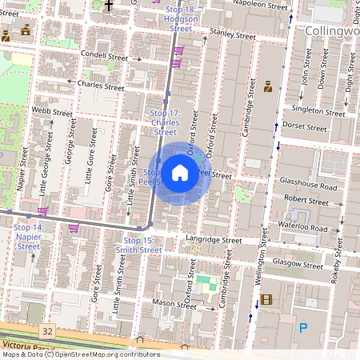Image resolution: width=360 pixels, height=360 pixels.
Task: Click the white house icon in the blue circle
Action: (180, 173)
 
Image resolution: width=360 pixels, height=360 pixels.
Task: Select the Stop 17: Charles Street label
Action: (166, 122)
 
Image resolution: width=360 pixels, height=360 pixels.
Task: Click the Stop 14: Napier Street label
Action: (28, 237)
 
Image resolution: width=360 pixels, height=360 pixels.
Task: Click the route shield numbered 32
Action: (48, 330)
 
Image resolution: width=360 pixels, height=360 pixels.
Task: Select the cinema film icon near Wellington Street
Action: (266, 301)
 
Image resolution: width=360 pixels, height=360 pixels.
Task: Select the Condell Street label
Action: (105, 58)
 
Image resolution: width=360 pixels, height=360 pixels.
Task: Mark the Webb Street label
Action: (46, 110)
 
